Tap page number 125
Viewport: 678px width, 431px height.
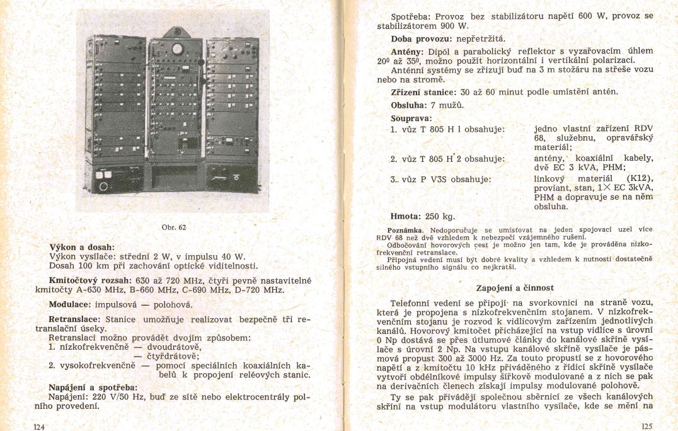tap(646, 426)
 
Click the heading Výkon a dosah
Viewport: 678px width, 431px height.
tap(82, 246)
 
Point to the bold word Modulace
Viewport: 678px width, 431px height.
tap(69, 303)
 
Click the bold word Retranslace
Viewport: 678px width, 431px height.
tap(75, 319)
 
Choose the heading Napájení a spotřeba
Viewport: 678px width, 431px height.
tap(93, 387)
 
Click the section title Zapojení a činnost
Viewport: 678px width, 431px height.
tap(515, 288)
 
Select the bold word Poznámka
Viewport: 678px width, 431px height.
tap(405, 230)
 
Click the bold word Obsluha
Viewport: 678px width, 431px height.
tap(410, 105)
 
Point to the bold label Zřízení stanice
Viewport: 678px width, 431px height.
tap(424, 92)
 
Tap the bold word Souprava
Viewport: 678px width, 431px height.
tap(411, 118)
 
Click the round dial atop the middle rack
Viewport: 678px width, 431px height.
tap(178, 49)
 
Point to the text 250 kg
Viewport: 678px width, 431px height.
tap(439, 216)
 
